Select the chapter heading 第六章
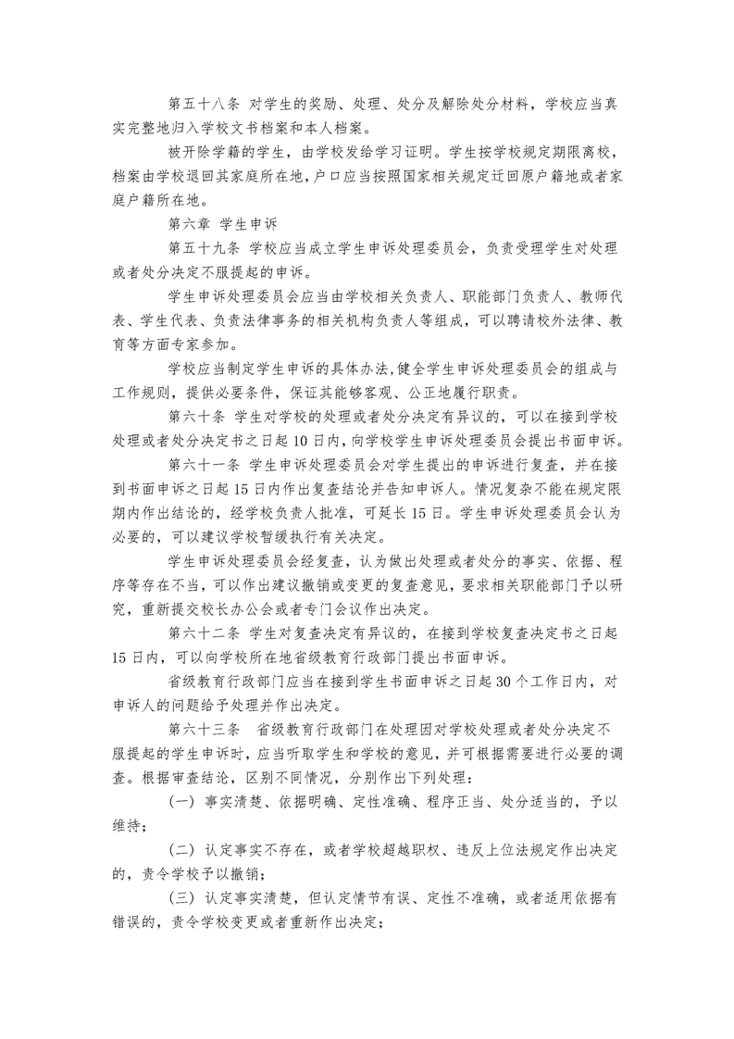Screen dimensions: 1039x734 tap(185, 223)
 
